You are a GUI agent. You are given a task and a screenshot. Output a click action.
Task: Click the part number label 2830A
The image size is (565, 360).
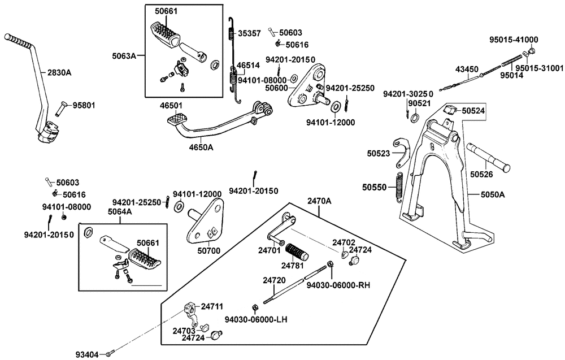point(59,72)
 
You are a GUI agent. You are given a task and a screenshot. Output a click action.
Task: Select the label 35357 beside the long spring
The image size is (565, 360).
point(249,33)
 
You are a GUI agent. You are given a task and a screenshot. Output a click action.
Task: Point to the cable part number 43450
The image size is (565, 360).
point(467,69)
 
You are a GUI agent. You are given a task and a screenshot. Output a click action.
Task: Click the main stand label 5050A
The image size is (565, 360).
point(493,194)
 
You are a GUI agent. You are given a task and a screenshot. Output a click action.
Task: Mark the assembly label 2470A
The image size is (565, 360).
point(320,201)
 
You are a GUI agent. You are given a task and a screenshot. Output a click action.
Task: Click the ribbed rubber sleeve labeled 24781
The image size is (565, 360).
point(297,250)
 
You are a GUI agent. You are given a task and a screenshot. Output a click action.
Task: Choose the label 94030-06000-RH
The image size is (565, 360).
point(338,285)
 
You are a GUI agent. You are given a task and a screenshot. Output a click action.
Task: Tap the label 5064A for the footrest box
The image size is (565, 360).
point(120,212)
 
